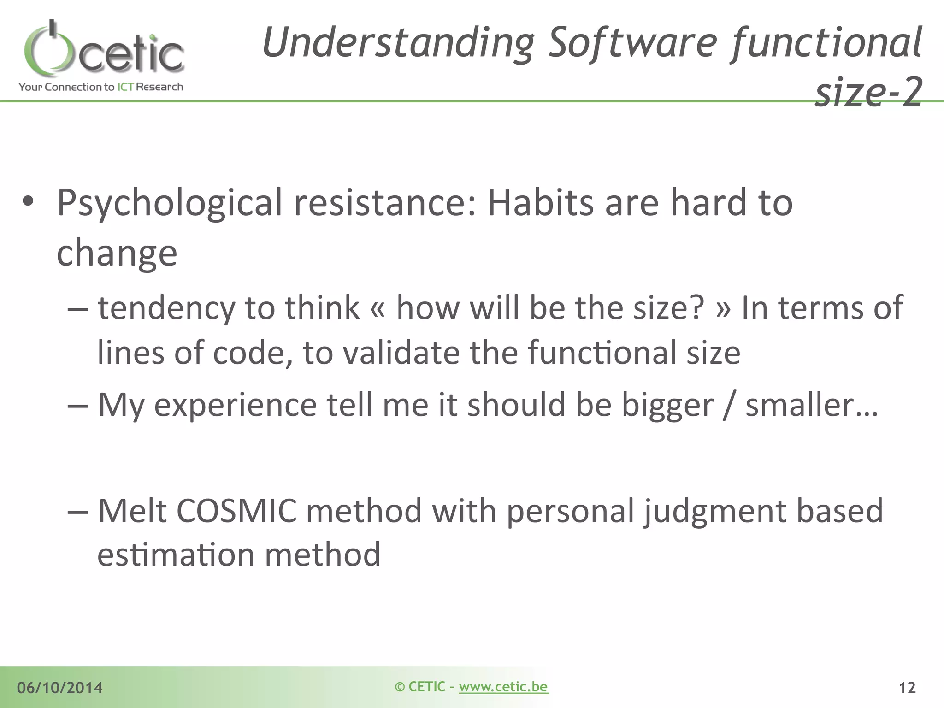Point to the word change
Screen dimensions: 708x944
117,253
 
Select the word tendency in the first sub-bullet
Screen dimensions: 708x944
166,308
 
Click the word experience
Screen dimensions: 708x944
235,405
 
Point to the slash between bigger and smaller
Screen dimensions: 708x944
729,405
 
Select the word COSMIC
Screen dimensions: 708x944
236,511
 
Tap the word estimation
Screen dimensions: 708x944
176,555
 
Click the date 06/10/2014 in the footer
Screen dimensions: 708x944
60,688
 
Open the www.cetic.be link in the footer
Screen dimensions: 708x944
503,686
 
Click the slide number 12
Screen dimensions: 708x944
907,688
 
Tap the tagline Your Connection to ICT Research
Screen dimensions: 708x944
101,87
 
